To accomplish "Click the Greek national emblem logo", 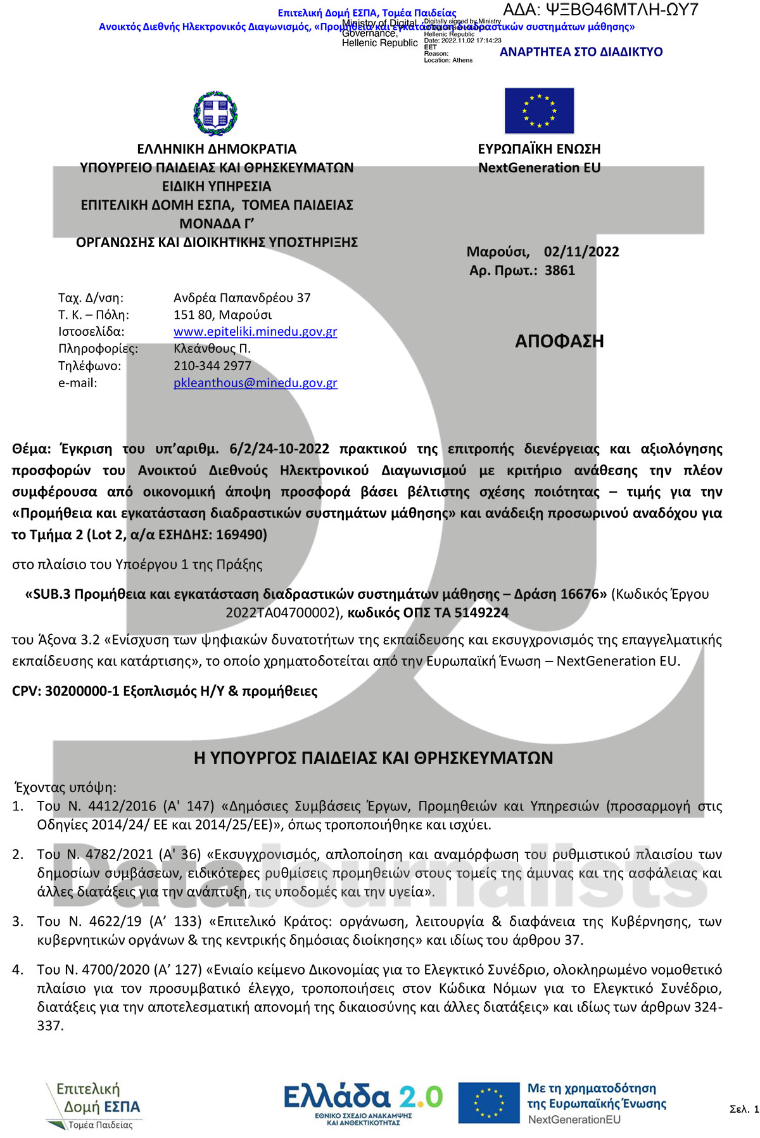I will point(215,113).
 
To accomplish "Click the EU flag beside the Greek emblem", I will point(539,111).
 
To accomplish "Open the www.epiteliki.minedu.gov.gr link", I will point(255,331).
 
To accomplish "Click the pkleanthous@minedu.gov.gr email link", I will point(255,383).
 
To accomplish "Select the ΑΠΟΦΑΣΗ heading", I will point(559,342).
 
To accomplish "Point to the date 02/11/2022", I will point(581,252).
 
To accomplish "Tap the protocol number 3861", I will point(560,271).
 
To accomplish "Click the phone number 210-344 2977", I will point(212,366).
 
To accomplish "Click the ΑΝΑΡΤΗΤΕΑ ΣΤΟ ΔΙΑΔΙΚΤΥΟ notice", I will point(581,52).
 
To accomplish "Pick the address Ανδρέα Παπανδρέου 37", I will point(242,298).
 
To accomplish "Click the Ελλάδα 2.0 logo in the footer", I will point(363,1103).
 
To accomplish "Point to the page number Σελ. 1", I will point(744,1109).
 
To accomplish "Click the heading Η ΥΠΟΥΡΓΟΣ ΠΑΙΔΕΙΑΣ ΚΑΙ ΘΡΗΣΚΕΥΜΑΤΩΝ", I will point(373,758).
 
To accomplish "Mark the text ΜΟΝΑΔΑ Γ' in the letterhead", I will point(217,224).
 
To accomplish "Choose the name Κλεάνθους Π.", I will point(212,348).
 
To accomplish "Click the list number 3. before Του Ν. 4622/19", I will point(18,921).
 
